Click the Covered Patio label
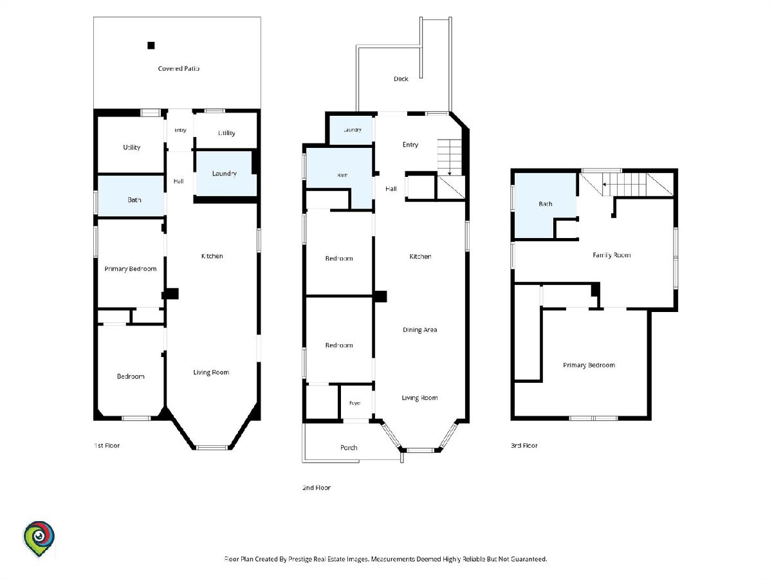pyautogui.click(x=179, y=69)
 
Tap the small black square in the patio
pyautogui.click(x=151, y=45)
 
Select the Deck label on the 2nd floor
pyautogui.click(x=401, y=78)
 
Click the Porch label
pyautogui.click(x=349, y=448)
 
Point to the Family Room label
pyautogui.click(x=612, y=255)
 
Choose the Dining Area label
pyautogui.click(x=420, y=330)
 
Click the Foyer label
pyautogui.click(x=355, y=403)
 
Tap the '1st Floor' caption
pyautogui.click(x=107, y=445)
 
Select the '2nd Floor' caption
pyautogui.click(x=317, y=488)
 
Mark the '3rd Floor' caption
pyautogui.click(x=524, y=445)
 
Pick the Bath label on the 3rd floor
pyautogui.click(x=546, y=204)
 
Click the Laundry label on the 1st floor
pyautogui.click(x=225, y=173)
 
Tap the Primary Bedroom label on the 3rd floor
pyautogui.click(x=589, y=365)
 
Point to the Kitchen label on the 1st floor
pyautogui.click(x=212, y=256)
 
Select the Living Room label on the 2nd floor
pyautogui.click(x=420, y=398)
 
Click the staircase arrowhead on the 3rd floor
pyautogui.click(x=604, y=184)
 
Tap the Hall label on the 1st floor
pyautogui.click(x=178, y=181)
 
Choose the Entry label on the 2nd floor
pyautogui.click(x=410, y=145)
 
